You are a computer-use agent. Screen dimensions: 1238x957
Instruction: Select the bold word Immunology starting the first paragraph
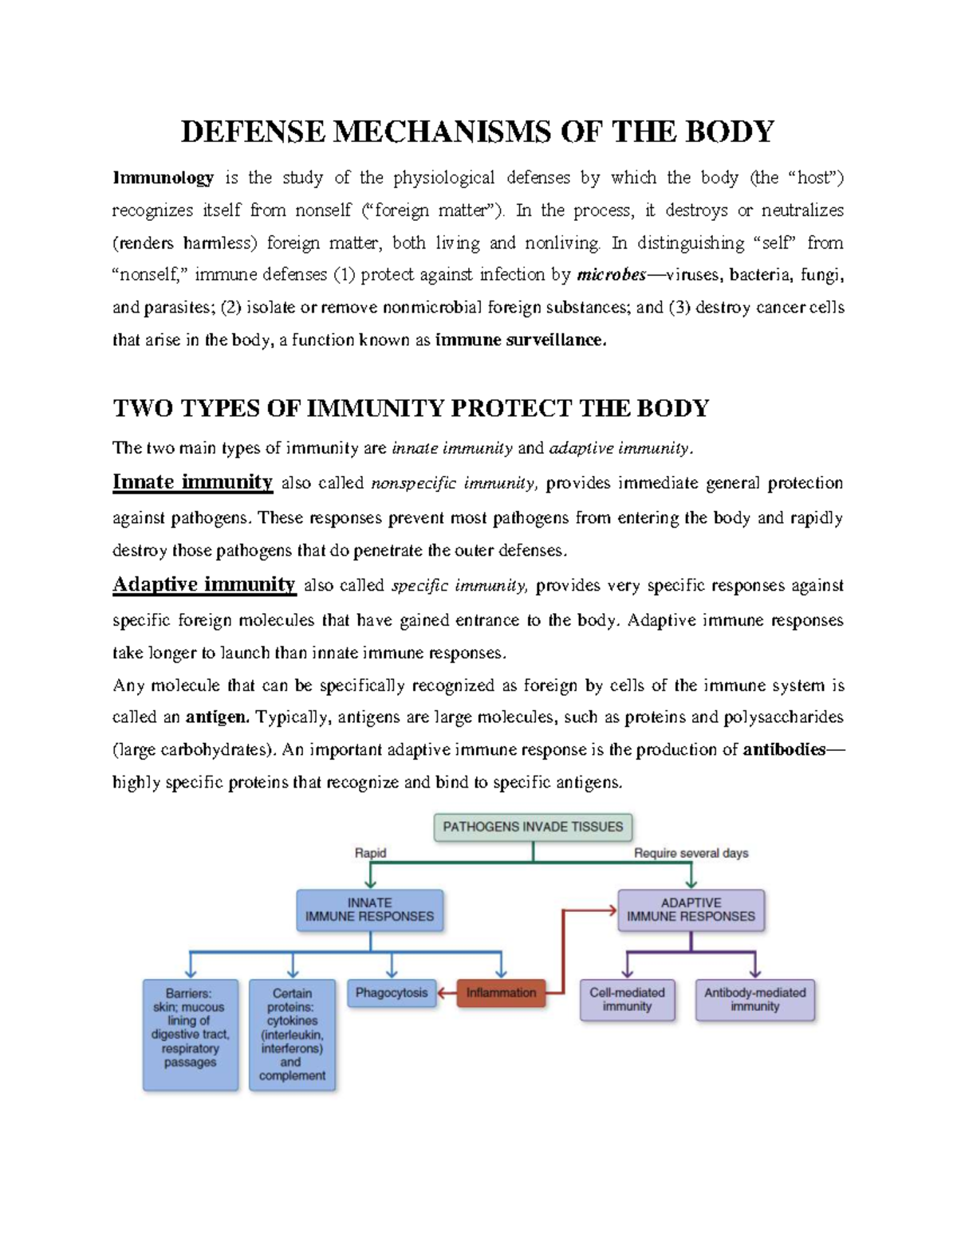point(163,178)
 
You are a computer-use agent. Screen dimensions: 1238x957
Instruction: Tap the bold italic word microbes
point(611,275)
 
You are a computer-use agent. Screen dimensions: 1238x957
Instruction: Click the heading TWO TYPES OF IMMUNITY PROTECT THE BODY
point(411,408)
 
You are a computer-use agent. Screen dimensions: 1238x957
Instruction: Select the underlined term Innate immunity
point(192,482)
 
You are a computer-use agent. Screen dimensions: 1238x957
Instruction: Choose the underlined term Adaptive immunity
point(204,585)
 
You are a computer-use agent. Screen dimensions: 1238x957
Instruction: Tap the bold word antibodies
point(783,750)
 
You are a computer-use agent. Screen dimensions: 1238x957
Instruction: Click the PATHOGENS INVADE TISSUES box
point(533,827)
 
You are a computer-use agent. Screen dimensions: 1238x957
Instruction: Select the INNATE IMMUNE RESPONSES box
point(370,910)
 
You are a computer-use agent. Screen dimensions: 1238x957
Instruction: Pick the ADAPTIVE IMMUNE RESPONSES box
point(691,910)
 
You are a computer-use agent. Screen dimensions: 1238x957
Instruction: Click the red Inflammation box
point(501,993)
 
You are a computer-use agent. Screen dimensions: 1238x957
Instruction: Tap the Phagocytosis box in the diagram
point(392,993)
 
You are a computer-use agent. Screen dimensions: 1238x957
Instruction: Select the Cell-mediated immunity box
point(627,1000)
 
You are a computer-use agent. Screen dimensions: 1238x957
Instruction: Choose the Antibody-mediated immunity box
point(754,1000)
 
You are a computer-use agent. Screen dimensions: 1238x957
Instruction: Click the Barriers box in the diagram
point(190,1034)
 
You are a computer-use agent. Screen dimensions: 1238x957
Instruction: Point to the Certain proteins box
point(292,1034)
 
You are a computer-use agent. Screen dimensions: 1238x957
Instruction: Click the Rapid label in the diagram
point(370,853)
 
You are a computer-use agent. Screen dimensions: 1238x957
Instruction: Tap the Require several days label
point(691,853)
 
